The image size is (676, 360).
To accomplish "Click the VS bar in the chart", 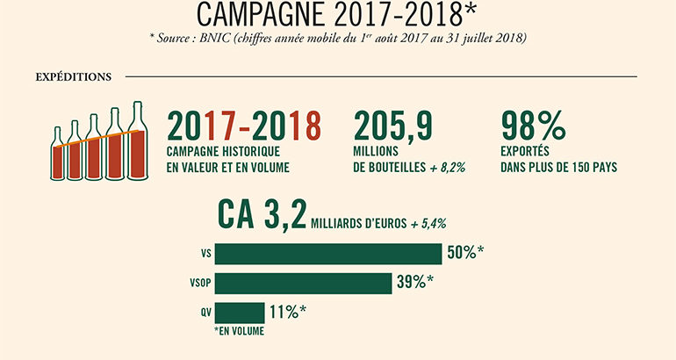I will [x=327, y=254].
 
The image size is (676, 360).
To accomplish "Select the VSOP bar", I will [x=303, y=284].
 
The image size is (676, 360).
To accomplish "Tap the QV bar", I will [x=239, y=313].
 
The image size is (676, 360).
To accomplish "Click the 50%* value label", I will [x=466, y=254].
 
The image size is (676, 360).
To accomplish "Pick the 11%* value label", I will [x=288, y=313].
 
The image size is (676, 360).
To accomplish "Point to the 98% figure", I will [x=531, y=128].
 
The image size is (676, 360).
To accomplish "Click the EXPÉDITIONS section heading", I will [x=73, y=76].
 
